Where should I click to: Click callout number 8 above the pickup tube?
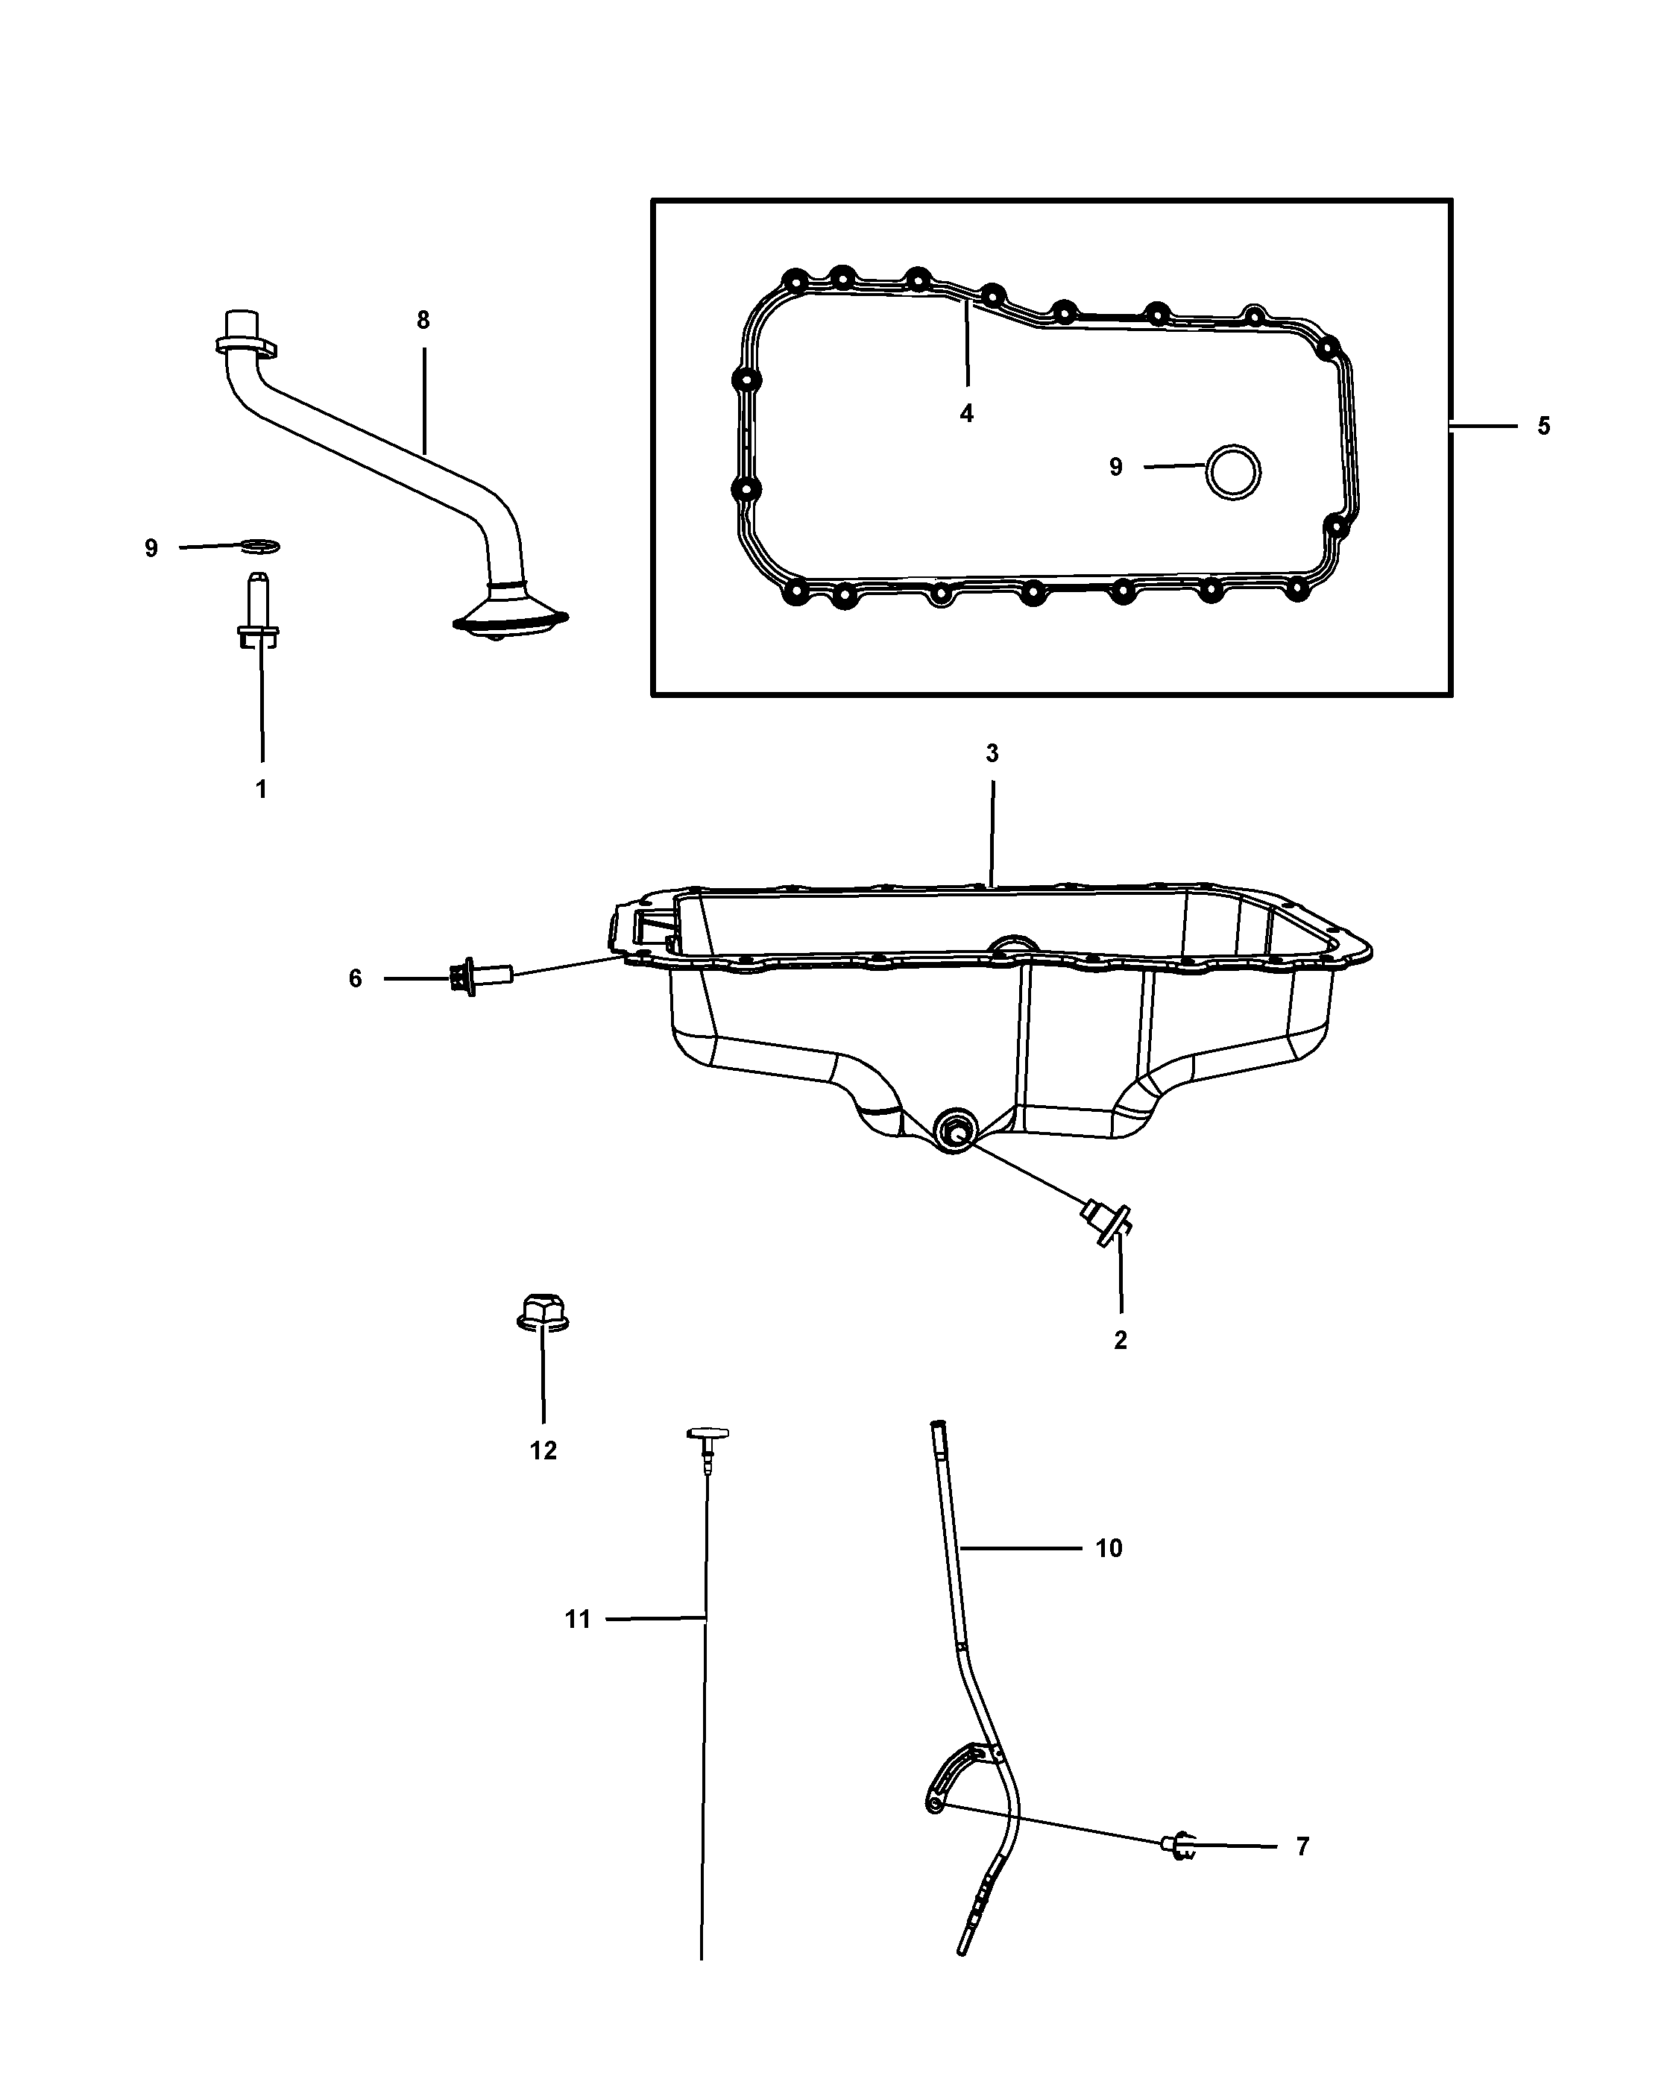[x=423, y=321]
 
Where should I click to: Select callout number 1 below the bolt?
[x=260, y=789]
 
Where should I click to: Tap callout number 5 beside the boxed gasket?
[x=1543, y=426]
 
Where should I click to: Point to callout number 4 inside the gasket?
[x=966, y=414]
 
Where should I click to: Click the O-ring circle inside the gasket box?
[x=1233, y=471]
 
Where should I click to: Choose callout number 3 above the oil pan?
[x=992, y=753]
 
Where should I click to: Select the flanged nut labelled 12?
[x=542, y=1315]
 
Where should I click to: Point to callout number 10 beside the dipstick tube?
[x=1109, y=1549]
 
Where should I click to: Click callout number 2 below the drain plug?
[x=1120, y=1340]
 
